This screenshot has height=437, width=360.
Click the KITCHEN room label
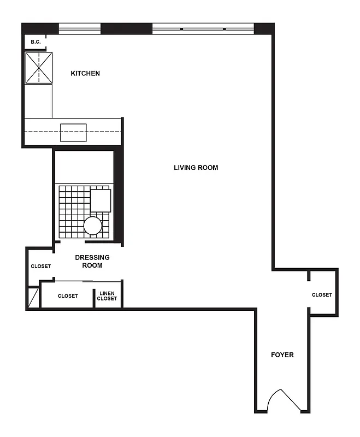click(x=85, y=73)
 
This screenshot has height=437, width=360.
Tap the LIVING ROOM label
click(x=196, y=168)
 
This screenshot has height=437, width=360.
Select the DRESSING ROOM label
click(x=92, y=261)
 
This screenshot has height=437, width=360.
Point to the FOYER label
click(x=282, y=355)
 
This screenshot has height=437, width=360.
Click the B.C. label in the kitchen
click(x=36, y=42)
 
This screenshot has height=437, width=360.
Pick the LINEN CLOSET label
click(x=107, y=296)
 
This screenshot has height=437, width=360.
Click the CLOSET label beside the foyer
click(x=322, y=295)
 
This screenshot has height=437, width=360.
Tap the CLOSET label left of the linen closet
click(x=68, y=296)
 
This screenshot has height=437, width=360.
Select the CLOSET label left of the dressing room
click(x=40, y=267)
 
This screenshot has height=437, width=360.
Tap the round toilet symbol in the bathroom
click(x=93, y=226)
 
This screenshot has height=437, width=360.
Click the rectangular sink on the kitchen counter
click(x=73, y=133)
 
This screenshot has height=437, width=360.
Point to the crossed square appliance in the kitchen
click(x=39, y=68)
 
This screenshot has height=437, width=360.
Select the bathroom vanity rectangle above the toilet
click(x=101, y=200)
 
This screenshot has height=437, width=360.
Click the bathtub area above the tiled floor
click(x=84, y=166)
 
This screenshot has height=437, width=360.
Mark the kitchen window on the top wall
click(x=80, y=28)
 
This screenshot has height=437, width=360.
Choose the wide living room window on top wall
click(x=203, y=28)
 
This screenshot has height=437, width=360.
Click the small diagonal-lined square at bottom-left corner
click(x=33, y=298)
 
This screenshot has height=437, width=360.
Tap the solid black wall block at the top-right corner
click(x=264, y=28)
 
